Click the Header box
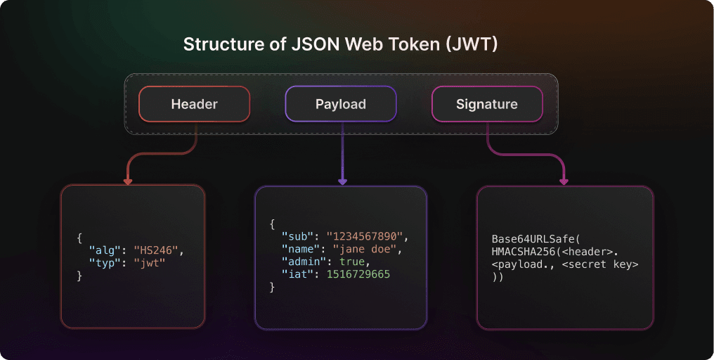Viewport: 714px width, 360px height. (194, 104)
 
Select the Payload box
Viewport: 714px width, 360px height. (340, 104)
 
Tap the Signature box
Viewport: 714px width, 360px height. (486, 104)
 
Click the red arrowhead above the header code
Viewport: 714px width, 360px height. (127, 181)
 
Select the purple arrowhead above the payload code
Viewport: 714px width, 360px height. (342, 181)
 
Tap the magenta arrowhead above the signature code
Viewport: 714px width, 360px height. (564, 181)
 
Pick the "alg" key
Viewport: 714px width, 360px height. (103, 250)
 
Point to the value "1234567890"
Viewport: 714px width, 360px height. (367, 236)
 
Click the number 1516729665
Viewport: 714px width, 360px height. (358, 274)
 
